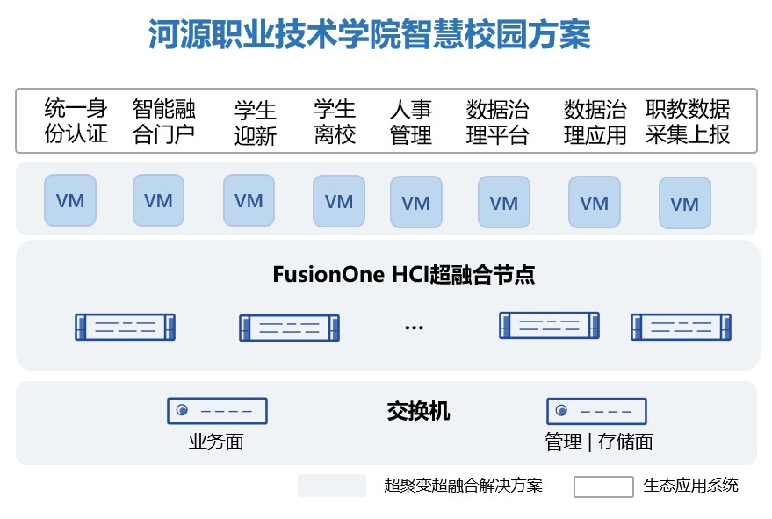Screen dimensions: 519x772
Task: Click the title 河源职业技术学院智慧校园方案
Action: point(369,35)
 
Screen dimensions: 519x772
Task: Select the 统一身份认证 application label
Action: point(76,121)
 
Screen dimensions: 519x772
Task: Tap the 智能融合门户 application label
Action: point(164,121)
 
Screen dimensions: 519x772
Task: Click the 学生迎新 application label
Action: point(256,123)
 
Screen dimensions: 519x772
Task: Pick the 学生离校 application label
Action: point(335,121)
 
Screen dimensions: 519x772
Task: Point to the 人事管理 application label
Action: point(411,121)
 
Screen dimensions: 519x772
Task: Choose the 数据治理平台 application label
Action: point(498,121)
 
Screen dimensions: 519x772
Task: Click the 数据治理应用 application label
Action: point(595,121)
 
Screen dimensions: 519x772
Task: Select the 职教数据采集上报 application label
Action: point(688,121)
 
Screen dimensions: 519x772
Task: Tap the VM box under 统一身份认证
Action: point(70,200)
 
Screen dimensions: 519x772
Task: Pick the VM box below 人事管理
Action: point(415,203)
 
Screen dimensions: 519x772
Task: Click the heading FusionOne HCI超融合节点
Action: point(404,275)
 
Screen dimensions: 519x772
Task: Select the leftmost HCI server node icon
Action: point(125,328)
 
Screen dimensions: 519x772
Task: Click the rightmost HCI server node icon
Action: point(681,328)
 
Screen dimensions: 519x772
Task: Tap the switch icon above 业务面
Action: point(217,410)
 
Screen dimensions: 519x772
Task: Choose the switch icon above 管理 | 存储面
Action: point(596,411)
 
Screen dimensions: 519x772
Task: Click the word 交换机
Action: point(418,410)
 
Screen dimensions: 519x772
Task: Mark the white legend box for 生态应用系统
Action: point(603,487)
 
